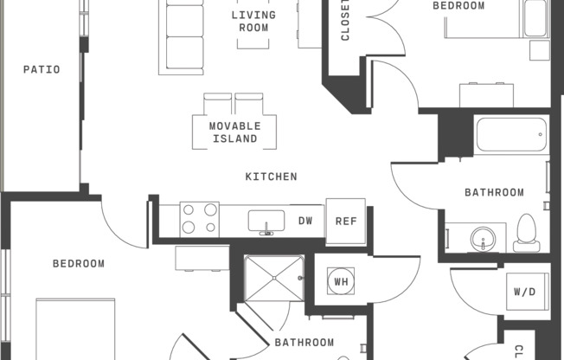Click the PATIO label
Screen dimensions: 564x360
point(42,69)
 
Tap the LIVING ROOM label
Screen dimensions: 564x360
point(253,22)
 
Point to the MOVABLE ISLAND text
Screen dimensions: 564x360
point(235,132)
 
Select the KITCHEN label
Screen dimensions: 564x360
point(272,177)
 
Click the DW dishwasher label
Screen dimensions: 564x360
point(305,221)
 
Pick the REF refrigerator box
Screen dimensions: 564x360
point(346,222)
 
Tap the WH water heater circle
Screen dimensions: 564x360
point(341,281)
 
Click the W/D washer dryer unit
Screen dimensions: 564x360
point(528,292)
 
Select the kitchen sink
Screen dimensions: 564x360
point(266,222)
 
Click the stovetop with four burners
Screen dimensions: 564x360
point(200,219)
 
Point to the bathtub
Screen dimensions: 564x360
point(511,135)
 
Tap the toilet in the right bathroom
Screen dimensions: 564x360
point(526,233)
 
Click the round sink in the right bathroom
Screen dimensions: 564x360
point(483,239)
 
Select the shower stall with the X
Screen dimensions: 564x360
point(274,279)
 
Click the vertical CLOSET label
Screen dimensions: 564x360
point(344,20)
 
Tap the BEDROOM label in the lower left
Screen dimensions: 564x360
point(79,264)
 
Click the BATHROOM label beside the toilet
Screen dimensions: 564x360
point(494,192)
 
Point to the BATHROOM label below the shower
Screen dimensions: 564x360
point(304,342)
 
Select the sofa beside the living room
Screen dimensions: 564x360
point(182,36)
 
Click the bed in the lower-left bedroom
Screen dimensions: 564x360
point(75,329)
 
